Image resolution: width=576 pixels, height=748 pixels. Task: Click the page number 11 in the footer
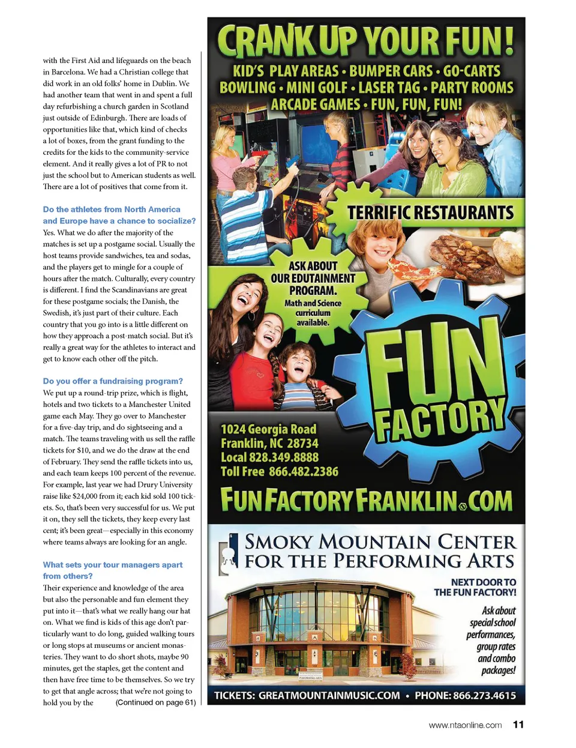(x=518, y=725)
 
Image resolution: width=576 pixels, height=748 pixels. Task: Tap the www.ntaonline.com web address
(x=465, y=725)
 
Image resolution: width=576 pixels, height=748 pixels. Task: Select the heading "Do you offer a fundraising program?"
(x=113, y=381)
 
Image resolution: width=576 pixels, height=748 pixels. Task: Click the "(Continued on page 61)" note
(x=155, y=702)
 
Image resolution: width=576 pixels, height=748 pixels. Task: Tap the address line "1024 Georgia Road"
(x=268, y=429)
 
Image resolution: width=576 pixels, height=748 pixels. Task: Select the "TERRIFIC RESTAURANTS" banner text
(x=430, y=213)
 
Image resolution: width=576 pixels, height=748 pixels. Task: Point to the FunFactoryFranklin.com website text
(x=366, y=500)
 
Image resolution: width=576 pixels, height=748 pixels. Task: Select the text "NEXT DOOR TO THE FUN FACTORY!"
(x=475, y=587)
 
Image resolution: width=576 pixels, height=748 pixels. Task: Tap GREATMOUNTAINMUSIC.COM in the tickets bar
(x=329, y=695)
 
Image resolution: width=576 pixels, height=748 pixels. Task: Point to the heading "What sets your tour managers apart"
(x=113, y=565)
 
